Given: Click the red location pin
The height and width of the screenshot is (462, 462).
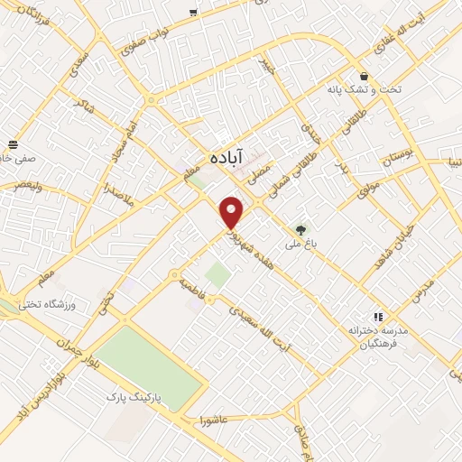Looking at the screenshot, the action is coord(233,212).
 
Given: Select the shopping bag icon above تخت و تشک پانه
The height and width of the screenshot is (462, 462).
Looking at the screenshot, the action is coord(364,77).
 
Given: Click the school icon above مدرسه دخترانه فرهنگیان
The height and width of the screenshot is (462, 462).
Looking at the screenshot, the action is coord(377,317).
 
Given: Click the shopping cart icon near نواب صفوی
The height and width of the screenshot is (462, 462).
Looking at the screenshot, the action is coord(193,12).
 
